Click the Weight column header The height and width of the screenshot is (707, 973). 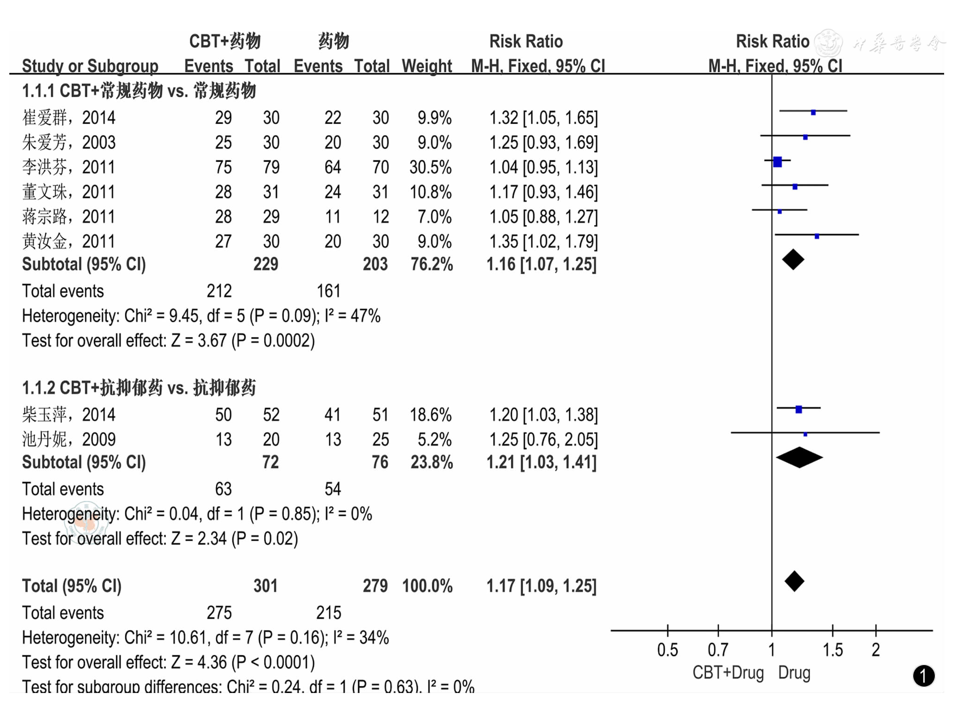tap(426, 66)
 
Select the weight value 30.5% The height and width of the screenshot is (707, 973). tap(430, 167)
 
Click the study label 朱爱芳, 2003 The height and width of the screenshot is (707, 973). tap(68, 142)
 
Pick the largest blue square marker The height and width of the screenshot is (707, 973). tap(777, 162)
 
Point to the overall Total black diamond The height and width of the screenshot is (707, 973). tap(794, 581)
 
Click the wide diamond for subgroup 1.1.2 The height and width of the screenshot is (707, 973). tap(799, 457)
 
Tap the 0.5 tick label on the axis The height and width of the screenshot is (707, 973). tap(667, 650)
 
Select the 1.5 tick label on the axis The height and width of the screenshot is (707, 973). tap(832, 650)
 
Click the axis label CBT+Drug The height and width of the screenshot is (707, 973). tap(728, 673)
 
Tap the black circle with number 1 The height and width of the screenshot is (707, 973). tap(923, 675)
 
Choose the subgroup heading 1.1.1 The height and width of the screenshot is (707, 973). tap(139, 90)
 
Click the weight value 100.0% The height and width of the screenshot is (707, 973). tap(427, 586)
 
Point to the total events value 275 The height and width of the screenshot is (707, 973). tap(219, 612)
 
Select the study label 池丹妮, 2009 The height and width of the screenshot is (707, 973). tap(68, 439)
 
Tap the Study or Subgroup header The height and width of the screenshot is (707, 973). tap(90, 66)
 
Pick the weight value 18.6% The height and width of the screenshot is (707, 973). tap(430, 414)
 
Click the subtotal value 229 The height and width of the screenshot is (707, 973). tap(265, 264)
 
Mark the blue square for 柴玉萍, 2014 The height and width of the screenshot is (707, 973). tap(798, 409)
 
